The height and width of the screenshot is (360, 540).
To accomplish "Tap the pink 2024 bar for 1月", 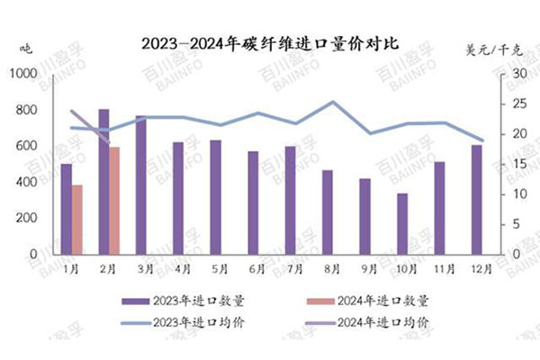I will click(x=77, y=220).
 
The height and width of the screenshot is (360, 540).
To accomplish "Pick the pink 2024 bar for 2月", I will click(x=114, y=200).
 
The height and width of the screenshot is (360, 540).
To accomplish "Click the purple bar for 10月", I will click(x=402, y=224).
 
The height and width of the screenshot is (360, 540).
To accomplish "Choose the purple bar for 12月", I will click(x=477, y=200).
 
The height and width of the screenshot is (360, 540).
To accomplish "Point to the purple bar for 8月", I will click(x=328, y=212).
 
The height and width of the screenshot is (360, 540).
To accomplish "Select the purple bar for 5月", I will click(x=215, y=197).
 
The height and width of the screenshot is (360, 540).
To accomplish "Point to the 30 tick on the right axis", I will click(x=508, y=75).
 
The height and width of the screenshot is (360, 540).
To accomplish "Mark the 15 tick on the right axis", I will click(x=508, y=165).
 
